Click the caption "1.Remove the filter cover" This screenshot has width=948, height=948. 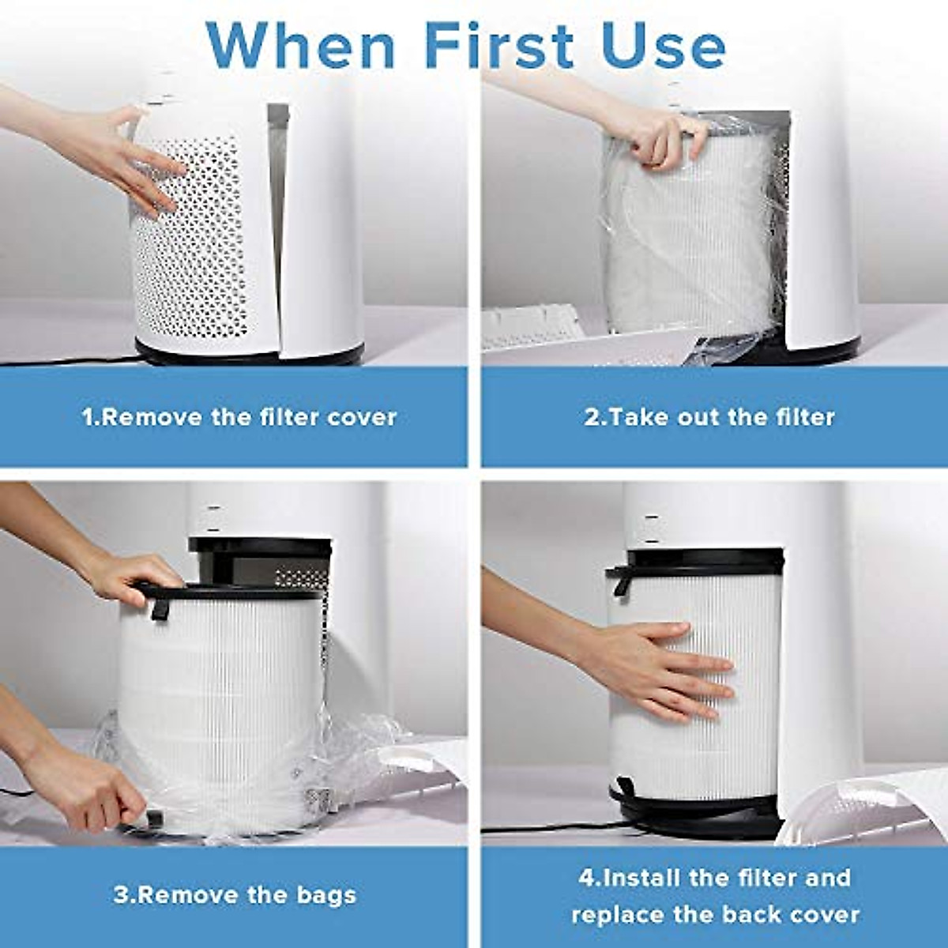239,416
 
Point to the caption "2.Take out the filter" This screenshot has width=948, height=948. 709,416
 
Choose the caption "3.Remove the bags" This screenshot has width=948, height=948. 235,895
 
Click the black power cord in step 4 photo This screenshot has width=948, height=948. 553,828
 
